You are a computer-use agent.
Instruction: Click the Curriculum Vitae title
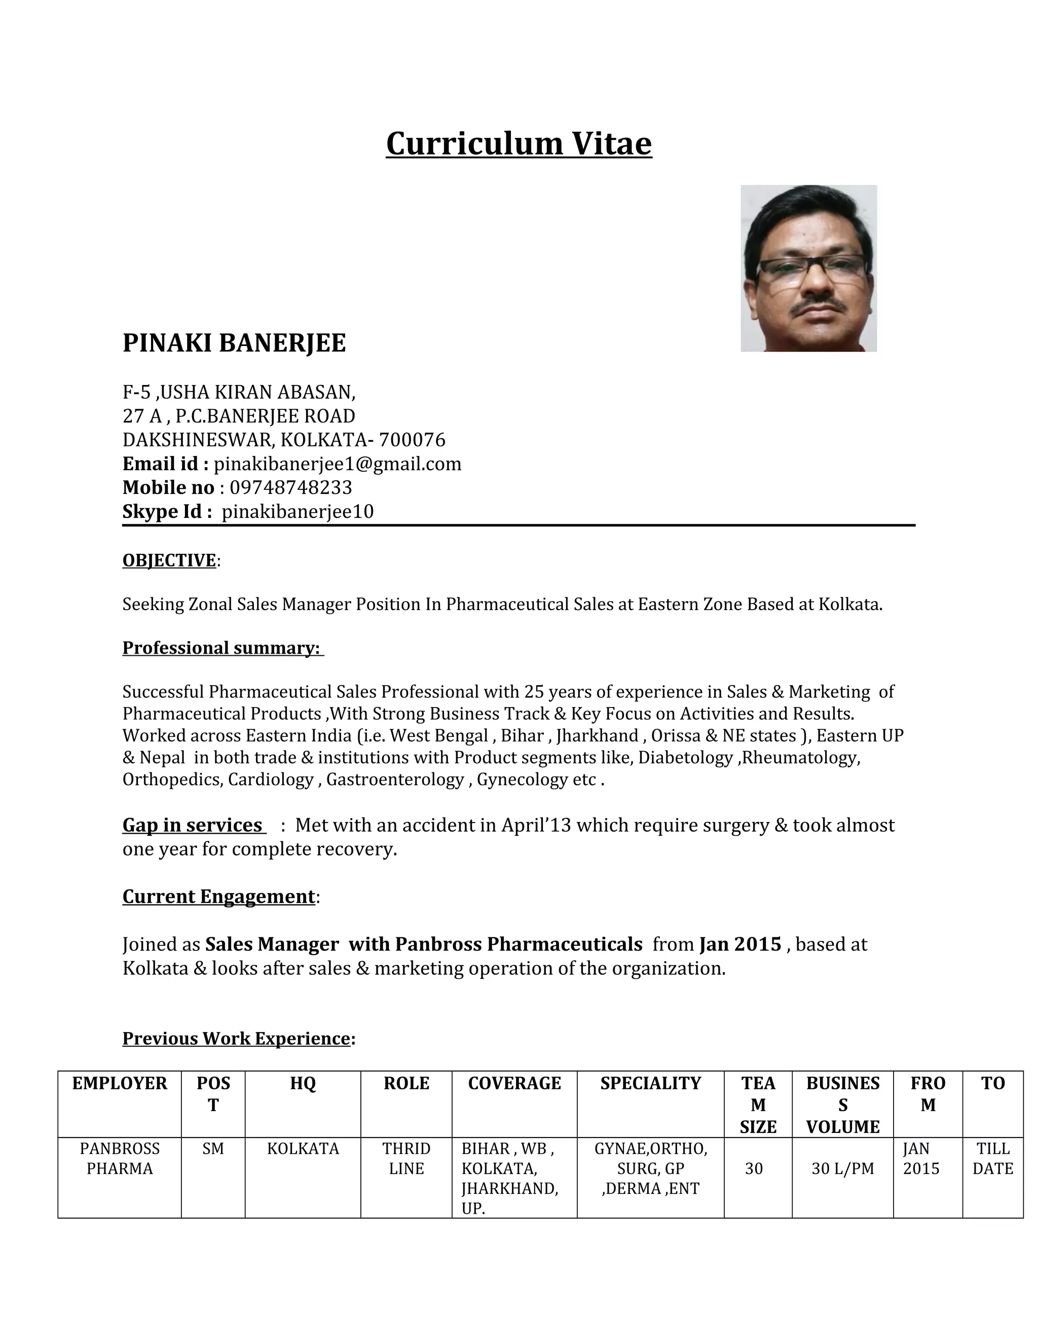[518, 144]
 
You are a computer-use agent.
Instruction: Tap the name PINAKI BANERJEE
[234, 343]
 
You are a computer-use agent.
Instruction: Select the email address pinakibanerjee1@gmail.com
[337, 464]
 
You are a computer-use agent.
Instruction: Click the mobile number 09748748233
[290, 487]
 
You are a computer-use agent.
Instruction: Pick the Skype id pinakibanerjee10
[297, 511]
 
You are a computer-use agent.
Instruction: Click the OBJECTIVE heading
[169, 560]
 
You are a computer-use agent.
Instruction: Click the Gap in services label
[193, 825]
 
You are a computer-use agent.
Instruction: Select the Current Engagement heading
[218, 896]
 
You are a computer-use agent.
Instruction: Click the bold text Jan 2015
[740, 944]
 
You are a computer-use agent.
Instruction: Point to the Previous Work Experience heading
[236, 1038]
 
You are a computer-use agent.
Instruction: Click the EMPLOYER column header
[119, 1083]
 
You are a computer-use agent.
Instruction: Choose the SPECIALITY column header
[650, 1083]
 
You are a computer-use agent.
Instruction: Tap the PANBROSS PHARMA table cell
[119, 1158]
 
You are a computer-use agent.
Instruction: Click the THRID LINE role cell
[406, 1158]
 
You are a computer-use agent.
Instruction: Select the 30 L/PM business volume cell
[842, 1168]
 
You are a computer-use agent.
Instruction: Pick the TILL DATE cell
[992, 1158]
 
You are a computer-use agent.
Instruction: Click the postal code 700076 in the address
[412, 440]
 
